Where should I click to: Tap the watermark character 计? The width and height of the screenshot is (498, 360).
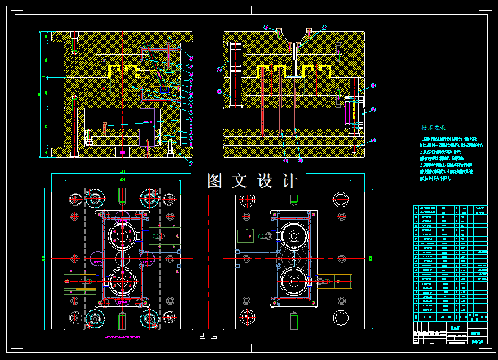pyautogui.click(x=289, y=181)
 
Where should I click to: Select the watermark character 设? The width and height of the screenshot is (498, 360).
pyautogui.click(x=265, y=181)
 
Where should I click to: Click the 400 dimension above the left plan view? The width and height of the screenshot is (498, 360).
pyautogui.click(x=122, y=172)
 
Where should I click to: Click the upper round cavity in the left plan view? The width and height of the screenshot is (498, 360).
pyautogui.click(x=122, y=235)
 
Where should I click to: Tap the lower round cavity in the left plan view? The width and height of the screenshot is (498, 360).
pyautogui.click(x=122, y=280)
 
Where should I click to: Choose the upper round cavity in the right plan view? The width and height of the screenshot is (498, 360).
pyautogui.click(x=294, y=235)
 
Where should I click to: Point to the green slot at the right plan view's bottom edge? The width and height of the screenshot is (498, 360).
pyautogui.click(x=294, y=321)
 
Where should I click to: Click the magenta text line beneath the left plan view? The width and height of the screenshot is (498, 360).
pyautogui.click(x=122, y=336)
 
